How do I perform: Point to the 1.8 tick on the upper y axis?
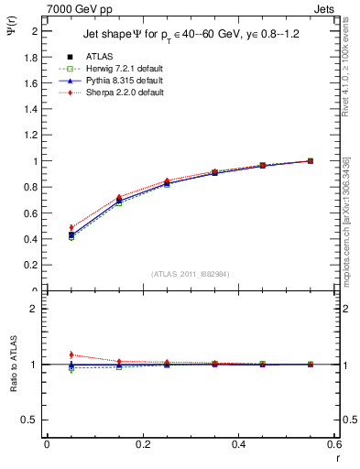pyautogui.click(x=33, y=57)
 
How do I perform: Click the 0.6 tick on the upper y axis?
pyautogui.click(x=33, y=213)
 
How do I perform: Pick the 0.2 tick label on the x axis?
pyautogui.click(x=142, y=444)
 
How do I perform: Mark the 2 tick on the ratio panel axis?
pyautogui.click(x=35, y=309)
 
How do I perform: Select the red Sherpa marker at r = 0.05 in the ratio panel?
pyautogui.click(x=71, y=354)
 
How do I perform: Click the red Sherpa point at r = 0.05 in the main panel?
pyautogui.click(x=71, y=227)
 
